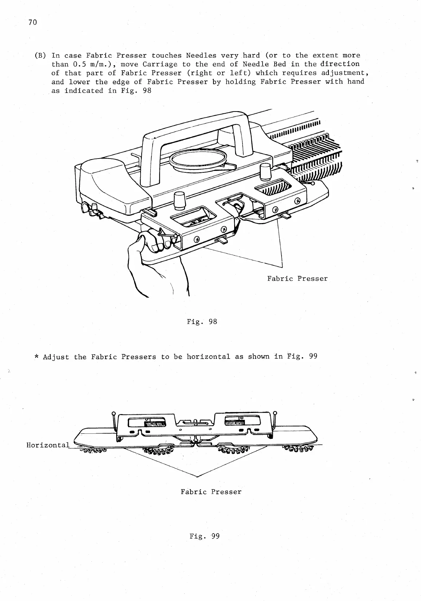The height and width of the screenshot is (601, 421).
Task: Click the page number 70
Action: tap(32, 23)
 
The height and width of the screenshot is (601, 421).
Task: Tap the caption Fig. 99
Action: tap(205, 536)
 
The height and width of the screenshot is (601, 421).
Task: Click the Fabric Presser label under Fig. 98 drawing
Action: tap(297, 279)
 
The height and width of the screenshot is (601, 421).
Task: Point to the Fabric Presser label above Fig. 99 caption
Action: tap(211, 492)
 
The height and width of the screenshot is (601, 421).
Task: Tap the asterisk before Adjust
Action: tap(36, 357)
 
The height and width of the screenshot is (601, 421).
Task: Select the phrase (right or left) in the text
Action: tap(219, 73)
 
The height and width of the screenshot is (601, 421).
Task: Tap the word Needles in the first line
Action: tap(201, 56)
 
